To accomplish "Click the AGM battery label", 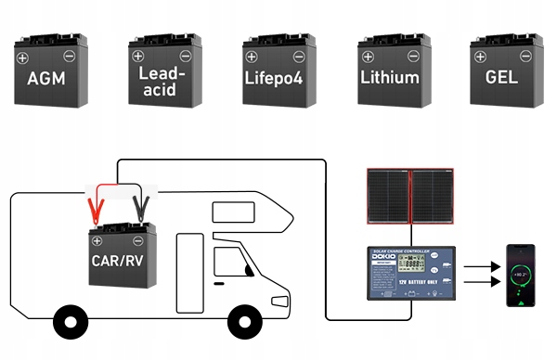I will tap(47, 78).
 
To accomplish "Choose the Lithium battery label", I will tap(390, 78).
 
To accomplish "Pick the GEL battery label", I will tap(501, 78).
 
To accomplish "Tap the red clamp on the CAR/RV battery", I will tap(94, 203).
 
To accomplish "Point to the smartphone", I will tap(520, 276).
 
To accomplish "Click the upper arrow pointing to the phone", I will tap(481, 266).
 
